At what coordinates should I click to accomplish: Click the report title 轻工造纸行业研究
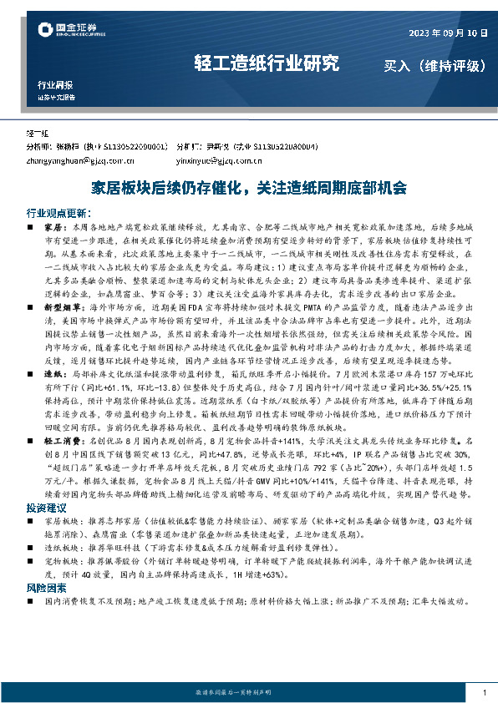click(x=267, y=63)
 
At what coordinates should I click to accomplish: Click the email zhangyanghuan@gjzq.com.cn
click(x=80, y=159)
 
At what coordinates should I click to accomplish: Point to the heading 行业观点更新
click(x=59, y=213)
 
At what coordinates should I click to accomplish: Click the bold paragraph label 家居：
click(x=53, y=226)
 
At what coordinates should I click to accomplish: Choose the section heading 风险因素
click(x=43, y=587)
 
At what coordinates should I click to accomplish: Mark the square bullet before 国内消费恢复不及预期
click(x=32, y=600)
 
